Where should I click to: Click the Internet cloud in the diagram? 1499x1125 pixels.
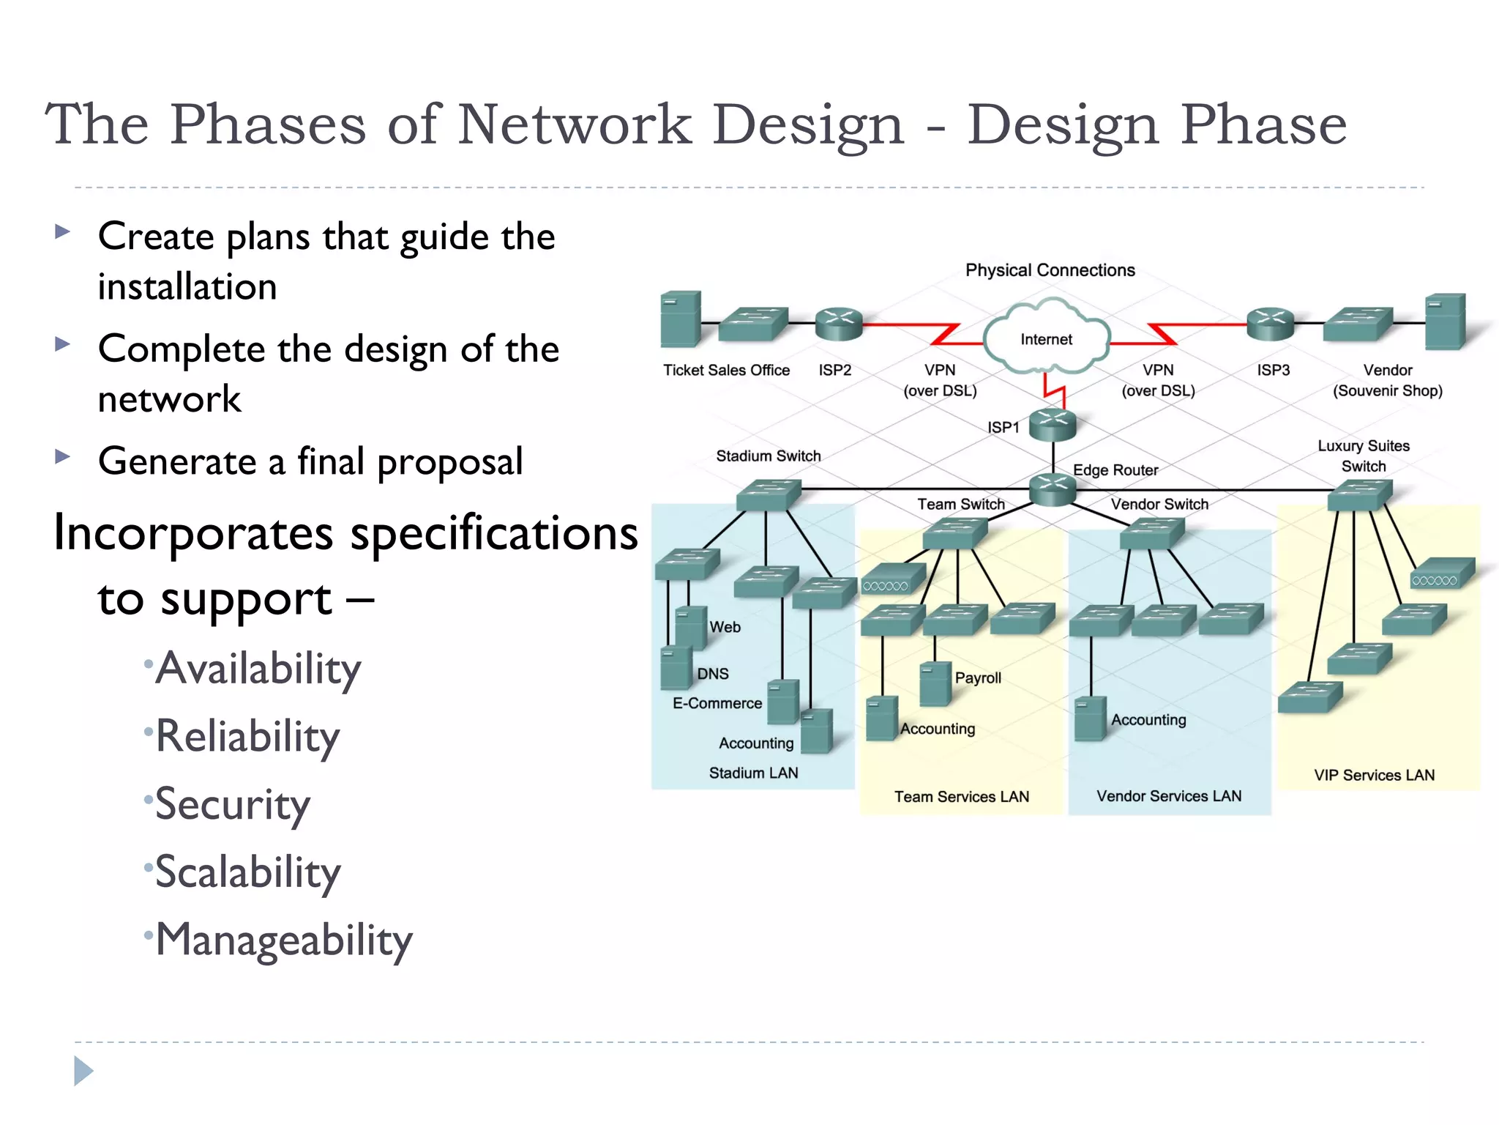coord(1047,338)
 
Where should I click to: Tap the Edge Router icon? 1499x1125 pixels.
coord(1053,489)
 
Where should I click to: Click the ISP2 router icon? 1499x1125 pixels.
coord(839,324)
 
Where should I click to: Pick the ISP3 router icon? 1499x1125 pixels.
coord(1271,324)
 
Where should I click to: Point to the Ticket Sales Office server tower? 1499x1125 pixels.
coord(680,319)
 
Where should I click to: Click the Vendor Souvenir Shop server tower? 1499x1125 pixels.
coord(1445,322)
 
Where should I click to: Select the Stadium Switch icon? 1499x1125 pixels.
coord(768,495)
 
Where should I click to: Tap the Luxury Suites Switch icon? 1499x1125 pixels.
coord(1360,495)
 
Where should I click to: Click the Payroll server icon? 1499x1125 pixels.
coord(935,683)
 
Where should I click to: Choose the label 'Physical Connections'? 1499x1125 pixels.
coord(1050,270)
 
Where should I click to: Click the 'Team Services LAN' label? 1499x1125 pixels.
coord(961,796)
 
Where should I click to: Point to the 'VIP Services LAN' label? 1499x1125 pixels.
coord(1374,775)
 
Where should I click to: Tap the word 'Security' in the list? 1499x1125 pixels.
coord(233,804)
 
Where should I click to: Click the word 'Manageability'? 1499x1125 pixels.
coord(284,940)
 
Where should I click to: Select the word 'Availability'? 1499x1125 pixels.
coord(258,668)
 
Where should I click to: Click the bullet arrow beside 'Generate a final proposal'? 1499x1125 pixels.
coord(63,457)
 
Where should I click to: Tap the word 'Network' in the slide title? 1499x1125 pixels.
coord(575,124)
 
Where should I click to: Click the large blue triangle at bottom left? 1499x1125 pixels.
coord(83,1071)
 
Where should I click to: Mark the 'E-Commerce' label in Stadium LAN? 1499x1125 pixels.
coord(717,703)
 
